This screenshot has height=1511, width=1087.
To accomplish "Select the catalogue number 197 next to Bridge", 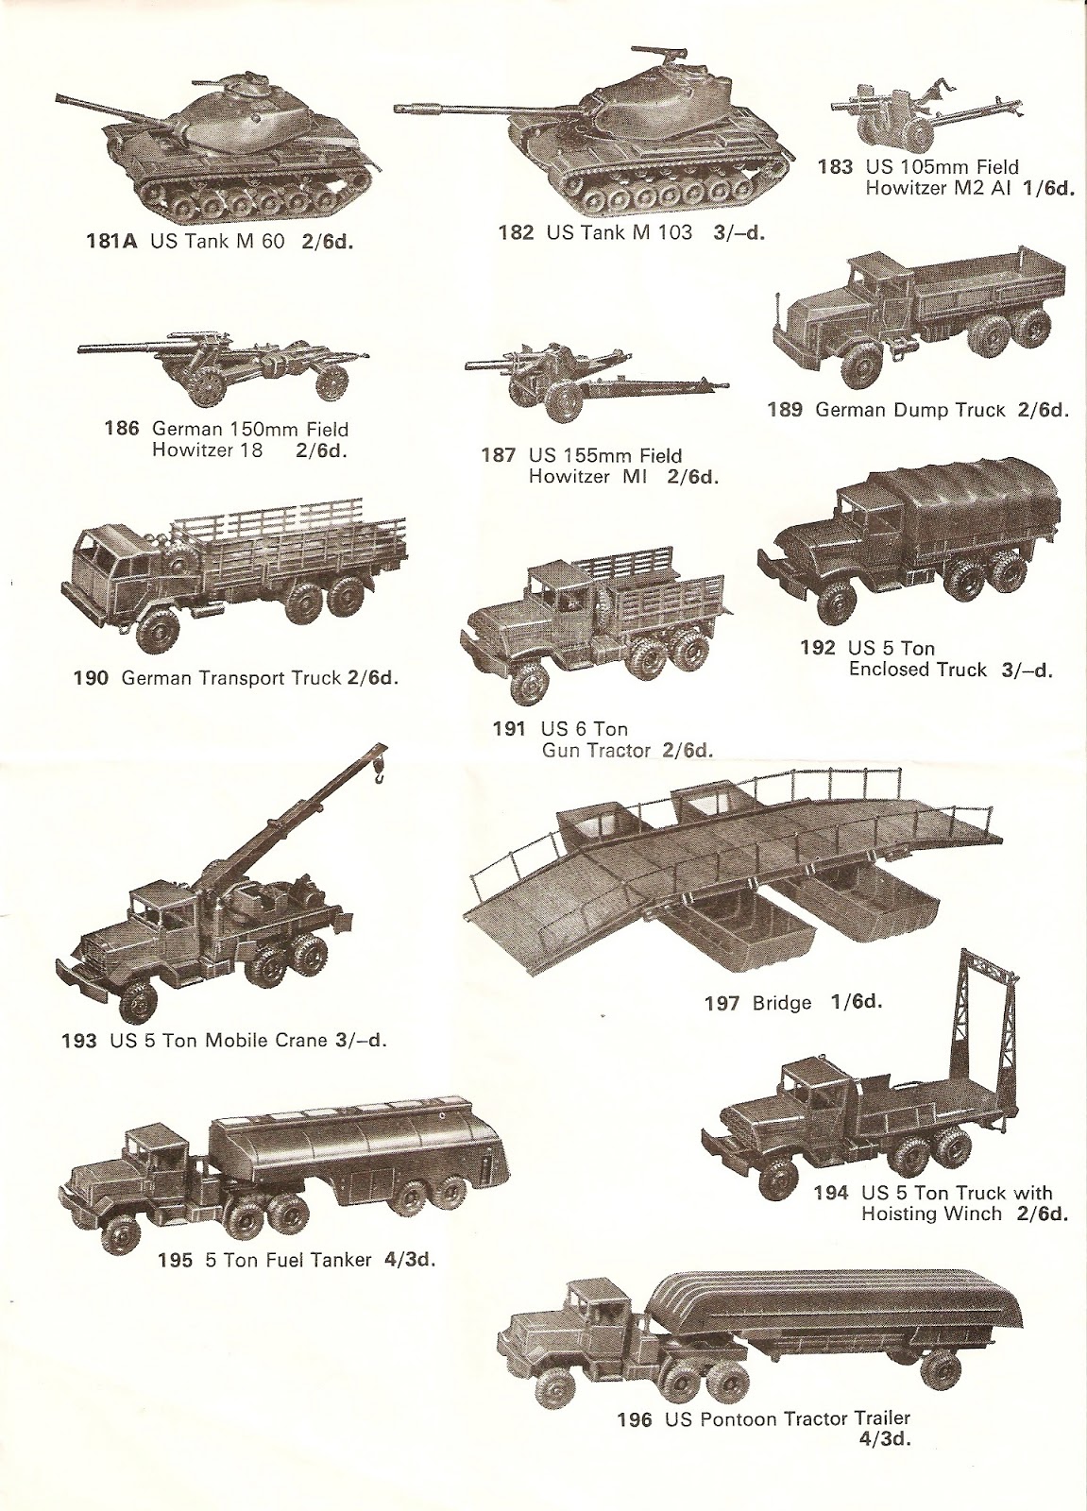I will [x=722, y=1002].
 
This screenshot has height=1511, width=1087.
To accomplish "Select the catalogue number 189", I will [x=785, y=410].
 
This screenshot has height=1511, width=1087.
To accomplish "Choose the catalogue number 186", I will [x=122, y=429].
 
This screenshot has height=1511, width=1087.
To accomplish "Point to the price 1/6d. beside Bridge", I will [x=857, y=1001].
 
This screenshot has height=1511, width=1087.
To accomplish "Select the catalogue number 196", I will [x=635, y=1418].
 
